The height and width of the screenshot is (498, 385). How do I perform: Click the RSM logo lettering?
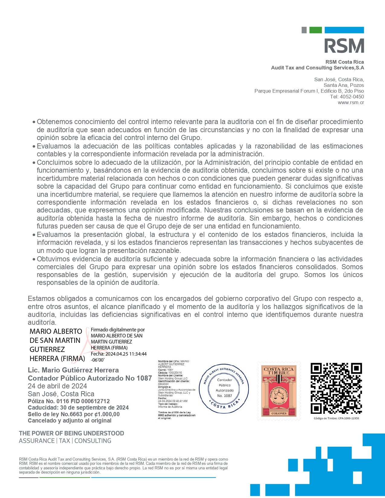click(344, 46)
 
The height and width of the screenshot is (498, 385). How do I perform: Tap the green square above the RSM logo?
click(316, 30)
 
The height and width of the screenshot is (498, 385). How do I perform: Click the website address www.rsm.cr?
click(351, 103)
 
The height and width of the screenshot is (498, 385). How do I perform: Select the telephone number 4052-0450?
click(352, 97)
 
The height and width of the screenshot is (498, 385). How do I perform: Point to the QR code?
click(336, 388)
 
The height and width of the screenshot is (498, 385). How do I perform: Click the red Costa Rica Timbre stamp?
click(279, 391)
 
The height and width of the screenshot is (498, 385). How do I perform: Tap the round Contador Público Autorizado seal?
click(224, 388)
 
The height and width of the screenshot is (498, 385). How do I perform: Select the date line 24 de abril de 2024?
click(57, 386)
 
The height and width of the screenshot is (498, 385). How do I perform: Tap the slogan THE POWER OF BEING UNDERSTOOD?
click(72, 433)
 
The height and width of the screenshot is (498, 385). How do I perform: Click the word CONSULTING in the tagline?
click(93, 441)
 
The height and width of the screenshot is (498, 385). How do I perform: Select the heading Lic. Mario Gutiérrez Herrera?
click(73, 370)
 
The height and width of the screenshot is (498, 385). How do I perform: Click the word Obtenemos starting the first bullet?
click(55, 122)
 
